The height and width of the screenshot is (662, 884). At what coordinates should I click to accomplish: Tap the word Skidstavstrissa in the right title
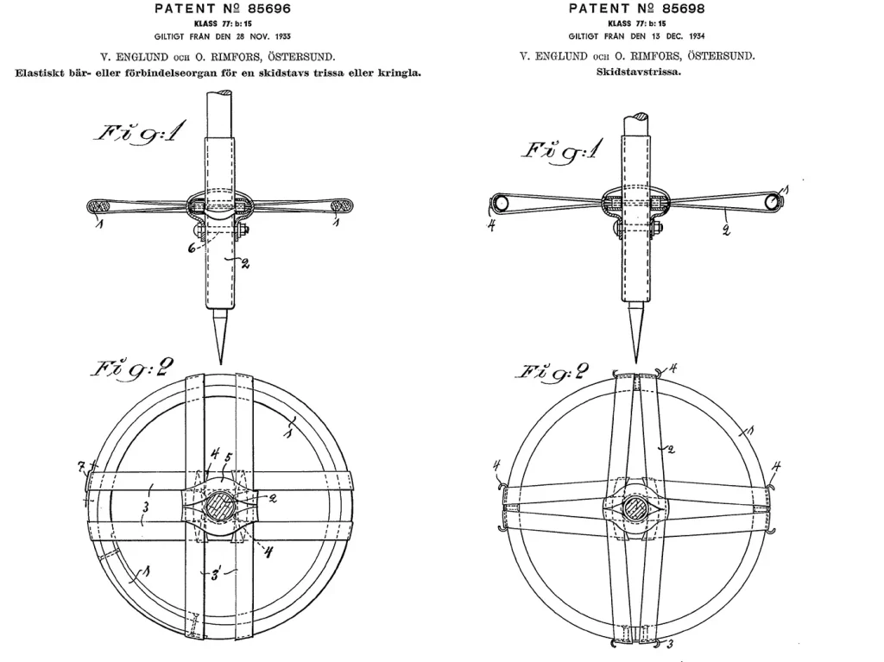pos(639,73)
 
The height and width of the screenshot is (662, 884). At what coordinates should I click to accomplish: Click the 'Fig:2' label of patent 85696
pos(131,369)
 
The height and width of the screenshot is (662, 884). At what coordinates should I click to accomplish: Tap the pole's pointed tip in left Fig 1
pos(220,364)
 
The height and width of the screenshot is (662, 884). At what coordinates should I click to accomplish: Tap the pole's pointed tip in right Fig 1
pos(636,363)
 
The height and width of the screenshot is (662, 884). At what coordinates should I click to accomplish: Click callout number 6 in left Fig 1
pos(193,248)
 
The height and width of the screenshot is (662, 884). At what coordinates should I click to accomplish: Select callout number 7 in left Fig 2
pos(82,466)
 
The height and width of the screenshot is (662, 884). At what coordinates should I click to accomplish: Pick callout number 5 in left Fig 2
pos(228,457)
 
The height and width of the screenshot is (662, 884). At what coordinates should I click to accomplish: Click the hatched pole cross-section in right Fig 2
pos(636,509)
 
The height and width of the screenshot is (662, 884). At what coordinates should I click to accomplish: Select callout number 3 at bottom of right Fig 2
pos(671,644)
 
